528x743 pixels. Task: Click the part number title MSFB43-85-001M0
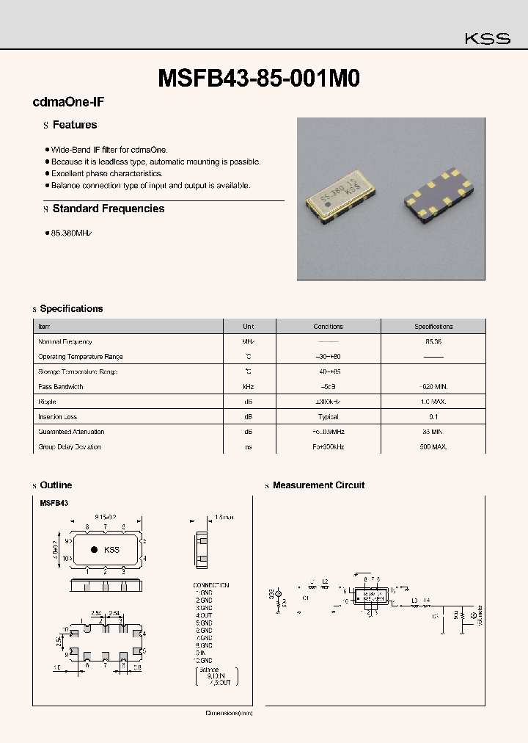coord(259,79)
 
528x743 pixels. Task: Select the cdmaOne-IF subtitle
coord(63,104)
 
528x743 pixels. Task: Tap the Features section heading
coord(75,126)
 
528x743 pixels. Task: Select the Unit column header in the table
coord(249,327)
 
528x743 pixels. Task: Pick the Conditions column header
coord(328,327)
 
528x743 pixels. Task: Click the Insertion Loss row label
coord(59,417)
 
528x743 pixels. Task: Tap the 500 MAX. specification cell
coord(433,447)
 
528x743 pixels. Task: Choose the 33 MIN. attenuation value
coord(433,432)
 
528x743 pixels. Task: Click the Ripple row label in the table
coord(47,402)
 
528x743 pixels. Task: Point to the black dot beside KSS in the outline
coord(94,549)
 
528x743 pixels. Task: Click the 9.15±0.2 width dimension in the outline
coord(106,518)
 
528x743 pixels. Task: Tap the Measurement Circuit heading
coord(318,485)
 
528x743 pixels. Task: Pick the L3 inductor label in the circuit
coord(414,601)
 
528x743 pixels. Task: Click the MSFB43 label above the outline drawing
coord(54,503)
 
